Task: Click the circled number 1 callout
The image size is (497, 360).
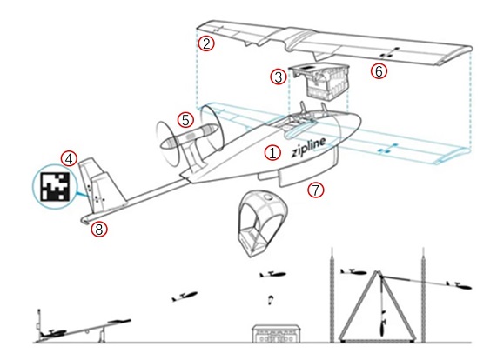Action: (272, 153)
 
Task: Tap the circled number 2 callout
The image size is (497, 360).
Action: (206, 43)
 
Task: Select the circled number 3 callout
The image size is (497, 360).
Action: (279, 77)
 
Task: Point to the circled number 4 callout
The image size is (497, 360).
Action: (70, 158)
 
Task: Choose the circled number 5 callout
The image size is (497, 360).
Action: (185, 120)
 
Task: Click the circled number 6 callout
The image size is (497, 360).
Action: (379, 71)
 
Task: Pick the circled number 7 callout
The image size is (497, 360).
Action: (316, 190)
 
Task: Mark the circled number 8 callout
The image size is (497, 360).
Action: (99, 229)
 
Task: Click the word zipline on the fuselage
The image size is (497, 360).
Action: (308, 147)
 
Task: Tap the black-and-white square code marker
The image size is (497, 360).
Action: (55, 187)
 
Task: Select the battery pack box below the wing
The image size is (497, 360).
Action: (319, 82)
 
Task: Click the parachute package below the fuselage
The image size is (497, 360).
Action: (262, 223)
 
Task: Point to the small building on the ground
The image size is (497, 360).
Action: (276, 333)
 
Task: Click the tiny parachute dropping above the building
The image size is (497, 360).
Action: (271, 300)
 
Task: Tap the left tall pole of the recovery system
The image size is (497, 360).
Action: (332, 295)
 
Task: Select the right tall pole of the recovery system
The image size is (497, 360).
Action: (423, 295)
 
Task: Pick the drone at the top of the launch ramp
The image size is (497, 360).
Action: (118, 322)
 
